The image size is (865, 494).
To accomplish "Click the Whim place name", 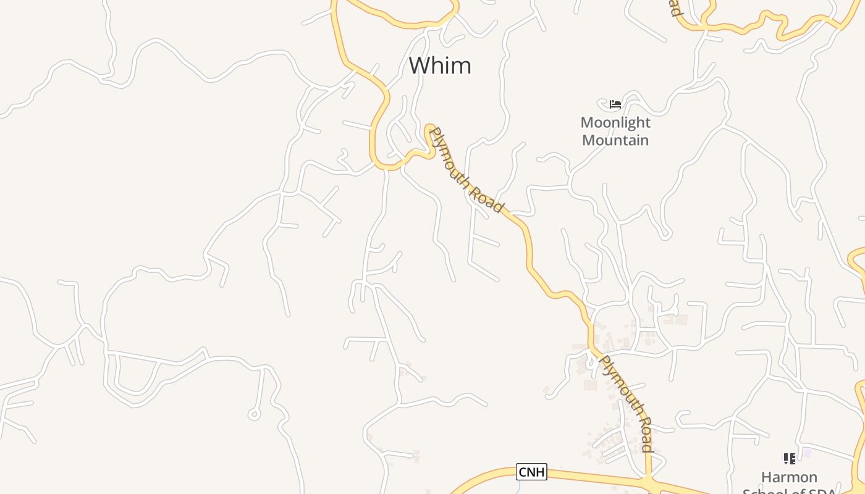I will coord(440,65).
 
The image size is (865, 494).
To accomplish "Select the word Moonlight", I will coord(615,122).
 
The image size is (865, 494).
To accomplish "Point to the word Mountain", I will coord(615,140).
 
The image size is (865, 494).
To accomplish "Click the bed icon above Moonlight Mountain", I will coord(615,104).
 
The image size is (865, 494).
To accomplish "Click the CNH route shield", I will coord(531,472).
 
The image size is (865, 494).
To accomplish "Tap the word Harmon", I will coord(789,477).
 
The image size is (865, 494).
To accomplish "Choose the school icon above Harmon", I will coord(789,459).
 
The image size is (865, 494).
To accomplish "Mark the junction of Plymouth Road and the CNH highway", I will coord(648,482).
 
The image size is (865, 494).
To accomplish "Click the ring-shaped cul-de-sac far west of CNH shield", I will coord(253,414).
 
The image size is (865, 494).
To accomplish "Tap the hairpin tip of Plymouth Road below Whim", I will coord(429,128).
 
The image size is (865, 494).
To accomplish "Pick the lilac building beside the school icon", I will coord(807,454).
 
